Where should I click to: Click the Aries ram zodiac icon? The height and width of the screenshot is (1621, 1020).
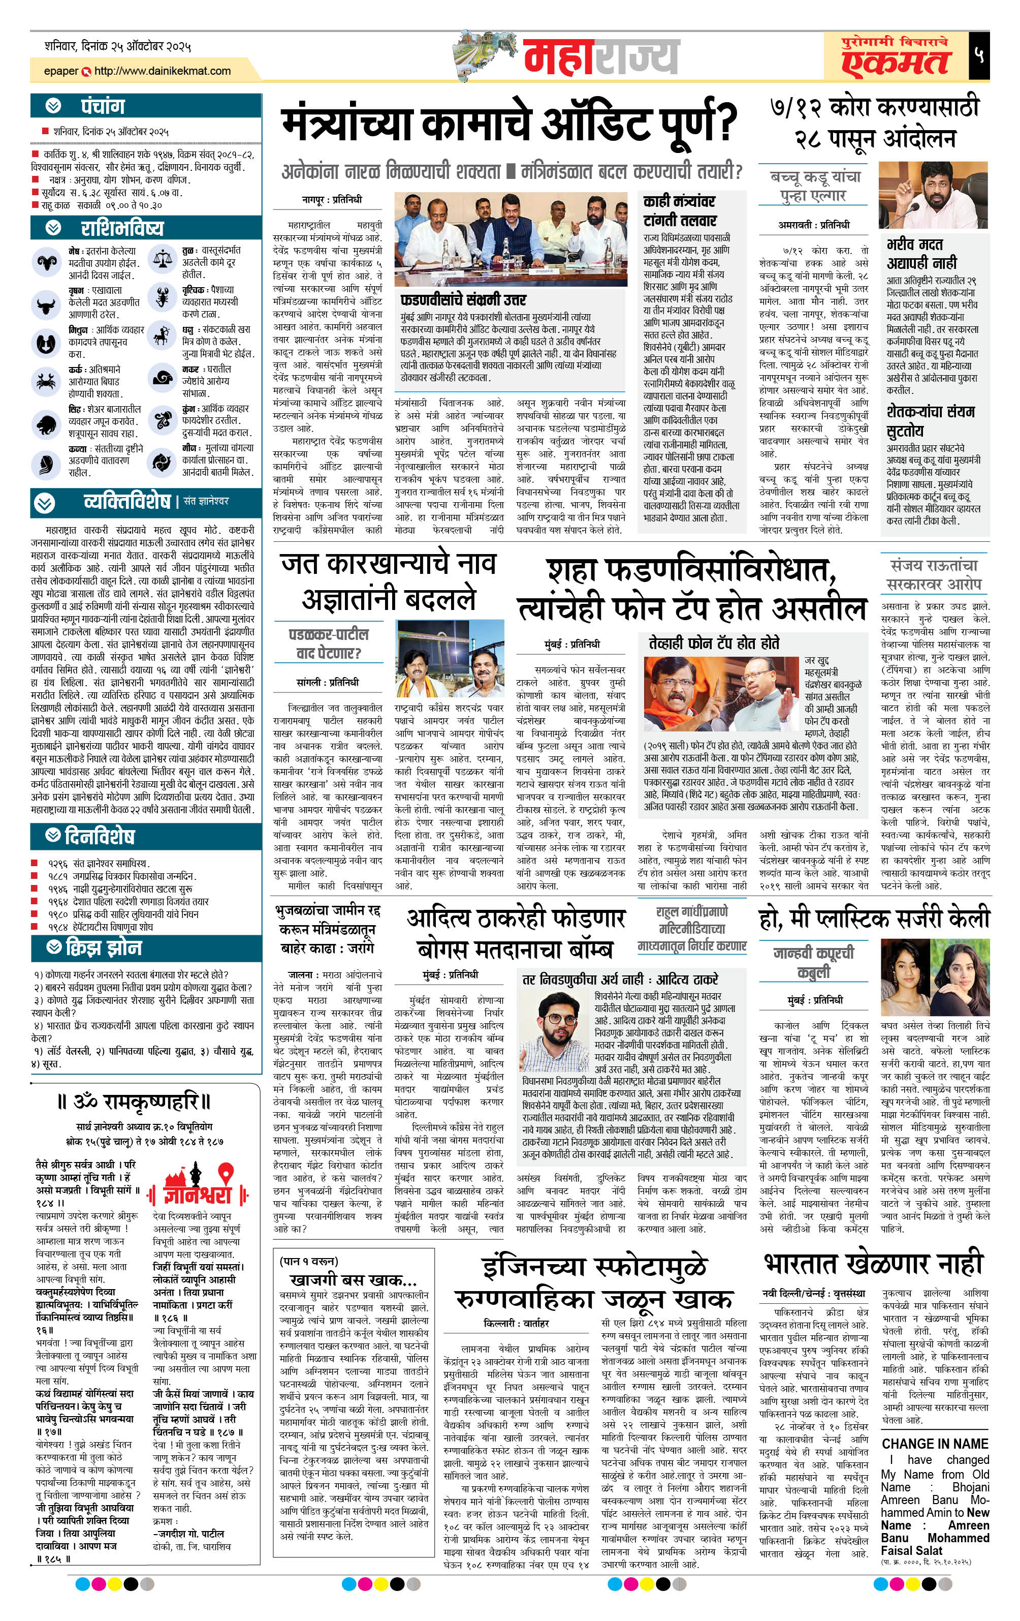pos(47,262)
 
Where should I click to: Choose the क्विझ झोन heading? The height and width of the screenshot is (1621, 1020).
pos(104,948)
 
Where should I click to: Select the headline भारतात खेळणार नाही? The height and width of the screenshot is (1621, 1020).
pos(873,1264)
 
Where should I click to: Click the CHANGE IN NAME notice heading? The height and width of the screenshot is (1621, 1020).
pos(935,1444)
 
